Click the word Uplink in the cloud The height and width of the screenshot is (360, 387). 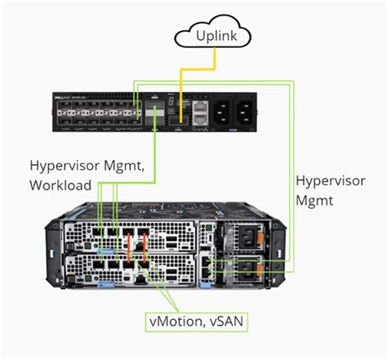[x=215, y=37]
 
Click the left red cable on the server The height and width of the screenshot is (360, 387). [x=128, y=249]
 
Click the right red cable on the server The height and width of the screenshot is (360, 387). [x=147, y=249]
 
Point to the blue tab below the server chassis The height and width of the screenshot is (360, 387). [x=104, y=287]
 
